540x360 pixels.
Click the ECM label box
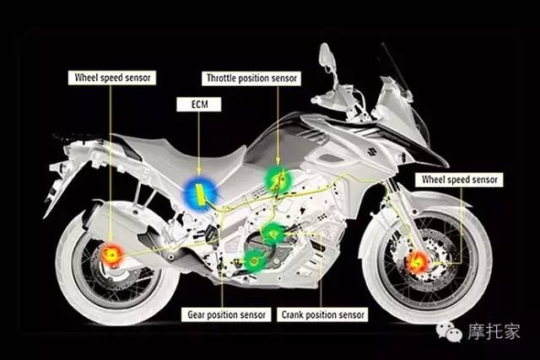click(x=199, y=105)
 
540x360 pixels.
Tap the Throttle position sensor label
click(x=251, y=78)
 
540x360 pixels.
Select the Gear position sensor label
click(x=226, y=314)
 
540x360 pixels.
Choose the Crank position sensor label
click(x=322, y=314)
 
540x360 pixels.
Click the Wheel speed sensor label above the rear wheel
click(x=112, y=78)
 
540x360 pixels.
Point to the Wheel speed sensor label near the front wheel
click(x=459, y=180)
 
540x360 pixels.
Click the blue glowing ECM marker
click(x=200, y=194)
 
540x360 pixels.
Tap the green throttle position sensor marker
click(x=278, y=180)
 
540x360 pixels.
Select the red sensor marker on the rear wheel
click(x=111, y=255)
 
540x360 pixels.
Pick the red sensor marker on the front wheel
click(x=418, y=262)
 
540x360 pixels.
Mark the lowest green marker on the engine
click(x=255, y=261)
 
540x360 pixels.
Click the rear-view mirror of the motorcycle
click(x=326, y=54)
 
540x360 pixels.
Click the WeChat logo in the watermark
click(x=448, y=332)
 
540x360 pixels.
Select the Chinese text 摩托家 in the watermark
click(x=494, y=331)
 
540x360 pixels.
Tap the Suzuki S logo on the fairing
click(x=371, y=151)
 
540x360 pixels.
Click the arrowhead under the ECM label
click(x=199, y=171)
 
